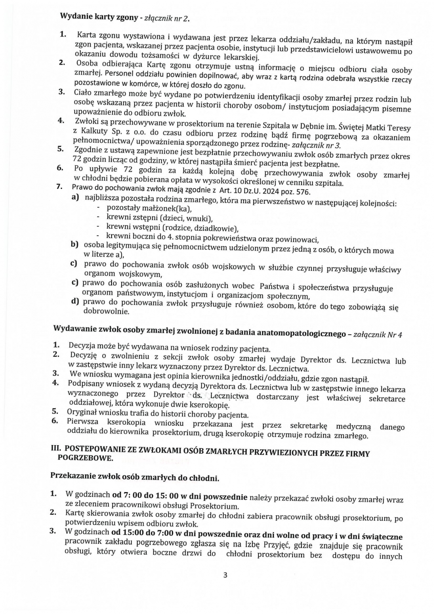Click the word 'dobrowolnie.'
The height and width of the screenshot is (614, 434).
[x=106, y=310]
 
